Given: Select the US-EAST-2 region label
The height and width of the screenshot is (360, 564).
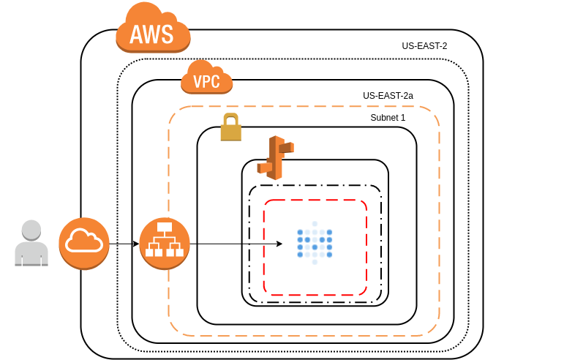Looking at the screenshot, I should coord(424,46).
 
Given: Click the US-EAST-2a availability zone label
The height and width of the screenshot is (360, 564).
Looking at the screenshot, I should coord(388,95).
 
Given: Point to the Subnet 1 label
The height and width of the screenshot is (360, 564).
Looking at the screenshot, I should coord(388,117).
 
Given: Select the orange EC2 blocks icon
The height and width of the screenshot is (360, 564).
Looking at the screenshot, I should coord(275,157).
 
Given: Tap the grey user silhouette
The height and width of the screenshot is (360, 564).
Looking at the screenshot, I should coord(31,243).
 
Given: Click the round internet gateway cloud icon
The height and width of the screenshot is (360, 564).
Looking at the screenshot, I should coord(84,243).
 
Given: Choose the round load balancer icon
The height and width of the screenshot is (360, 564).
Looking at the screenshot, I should coord(165,243).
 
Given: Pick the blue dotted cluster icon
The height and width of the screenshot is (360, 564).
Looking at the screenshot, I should coord(315,242).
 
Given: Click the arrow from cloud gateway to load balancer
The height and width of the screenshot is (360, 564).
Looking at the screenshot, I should coord(124,243).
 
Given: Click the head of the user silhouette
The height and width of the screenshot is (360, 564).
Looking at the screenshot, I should coord(31,229).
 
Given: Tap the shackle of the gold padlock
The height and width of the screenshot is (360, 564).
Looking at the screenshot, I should coord(231,119).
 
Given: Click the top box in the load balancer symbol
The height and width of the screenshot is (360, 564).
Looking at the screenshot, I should coord(165,228).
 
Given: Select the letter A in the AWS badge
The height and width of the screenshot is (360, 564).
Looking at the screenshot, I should coord(136,34).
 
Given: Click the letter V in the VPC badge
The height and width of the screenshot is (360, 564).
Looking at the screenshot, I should coord(196,81).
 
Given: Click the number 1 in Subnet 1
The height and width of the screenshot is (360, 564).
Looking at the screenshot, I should coord(402,117).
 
